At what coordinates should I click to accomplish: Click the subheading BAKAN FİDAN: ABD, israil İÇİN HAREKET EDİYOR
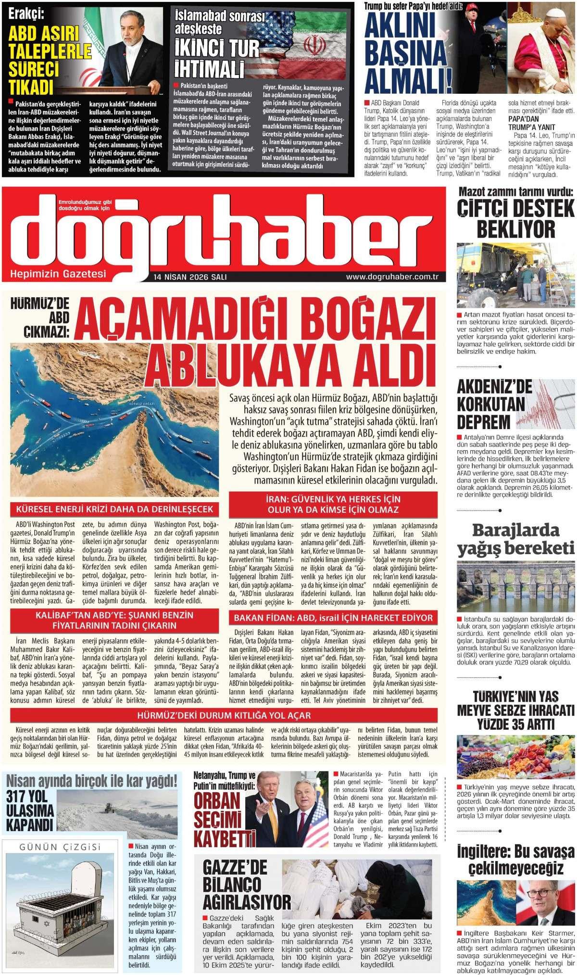333,618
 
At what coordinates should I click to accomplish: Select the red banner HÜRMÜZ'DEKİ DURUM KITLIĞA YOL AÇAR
224,715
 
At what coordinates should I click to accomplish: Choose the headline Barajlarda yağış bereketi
515,539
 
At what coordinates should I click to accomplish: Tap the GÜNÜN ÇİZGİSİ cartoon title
60,848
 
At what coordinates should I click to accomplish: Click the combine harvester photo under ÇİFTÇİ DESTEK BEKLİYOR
515,275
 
